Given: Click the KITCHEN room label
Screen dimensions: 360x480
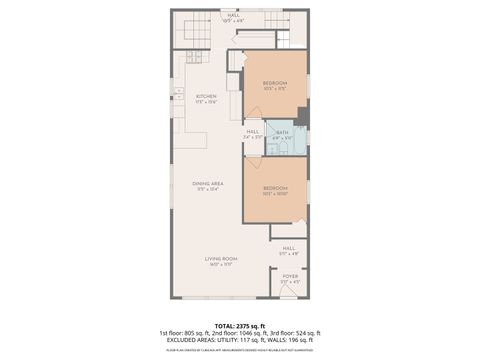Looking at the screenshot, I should (x=206, y=97).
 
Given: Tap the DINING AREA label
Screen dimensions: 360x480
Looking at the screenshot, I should (x=207, y=184).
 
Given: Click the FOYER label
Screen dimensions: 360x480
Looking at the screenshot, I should (x=289, y=276).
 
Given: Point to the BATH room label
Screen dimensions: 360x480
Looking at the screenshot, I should (x=282, y=132).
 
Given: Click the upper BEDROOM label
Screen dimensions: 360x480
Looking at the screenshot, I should (x=275, y=82).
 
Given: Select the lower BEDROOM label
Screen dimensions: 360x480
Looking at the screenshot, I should (x=275, y=187).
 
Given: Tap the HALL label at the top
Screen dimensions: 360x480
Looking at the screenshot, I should (x=233, y=16).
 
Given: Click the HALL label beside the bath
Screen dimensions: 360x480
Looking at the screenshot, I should (x=253, y=131).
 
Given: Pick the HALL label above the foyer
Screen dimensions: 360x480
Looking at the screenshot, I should (x=288, y=248).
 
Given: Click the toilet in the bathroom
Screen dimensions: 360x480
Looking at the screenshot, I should (x=284, y=148).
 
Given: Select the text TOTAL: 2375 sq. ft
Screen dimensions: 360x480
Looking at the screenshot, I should (x=239, y=325).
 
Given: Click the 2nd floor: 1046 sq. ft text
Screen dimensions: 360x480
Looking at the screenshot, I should (x=239, y=332).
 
